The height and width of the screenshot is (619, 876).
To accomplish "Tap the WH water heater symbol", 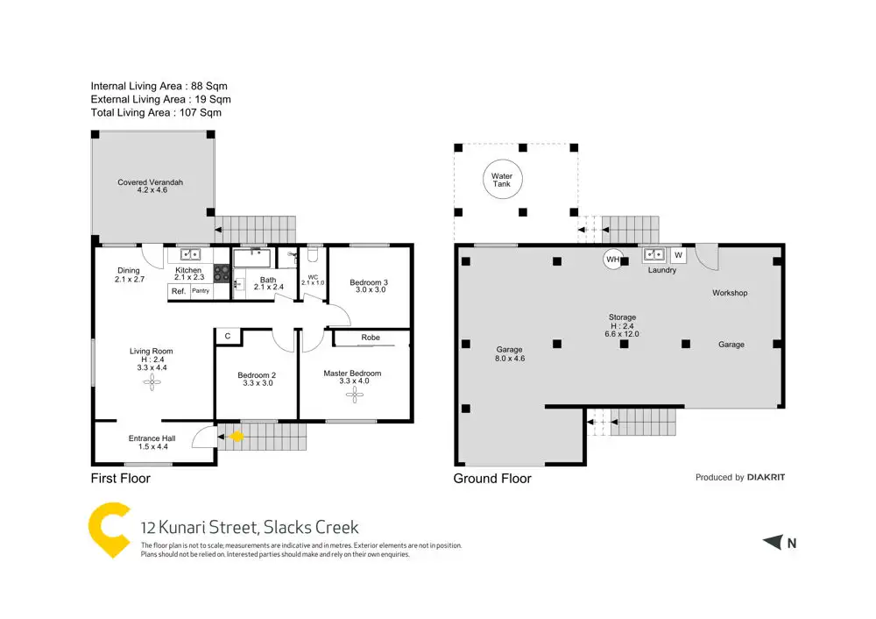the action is point(613,260).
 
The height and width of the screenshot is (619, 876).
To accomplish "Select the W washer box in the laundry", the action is point(677,255).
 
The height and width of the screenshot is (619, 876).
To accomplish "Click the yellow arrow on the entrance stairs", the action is point(235,436).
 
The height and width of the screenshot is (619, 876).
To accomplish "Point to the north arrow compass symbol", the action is point(773,543).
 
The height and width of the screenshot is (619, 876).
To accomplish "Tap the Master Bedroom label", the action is point(352,374).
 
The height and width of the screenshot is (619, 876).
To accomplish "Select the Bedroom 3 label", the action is point(368,282).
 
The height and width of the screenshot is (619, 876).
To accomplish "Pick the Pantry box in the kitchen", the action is point(201,291).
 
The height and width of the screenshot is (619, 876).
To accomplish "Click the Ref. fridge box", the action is point(178,291).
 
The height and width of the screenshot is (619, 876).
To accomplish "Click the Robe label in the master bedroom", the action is point(371,338).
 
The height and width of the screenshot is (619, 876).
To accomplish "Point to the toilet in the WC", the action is point(313,257).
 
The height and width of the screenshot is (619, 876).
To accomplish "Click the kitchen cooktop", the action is point(222,274).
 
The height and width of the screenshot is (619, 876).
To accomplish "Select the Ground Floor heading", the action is point(491,479).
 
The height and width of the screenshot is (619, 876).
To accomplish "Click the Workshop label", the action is point(730,293).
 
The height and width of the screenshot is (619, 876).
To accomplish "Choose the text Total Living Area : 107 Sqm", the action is point(156,112).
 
